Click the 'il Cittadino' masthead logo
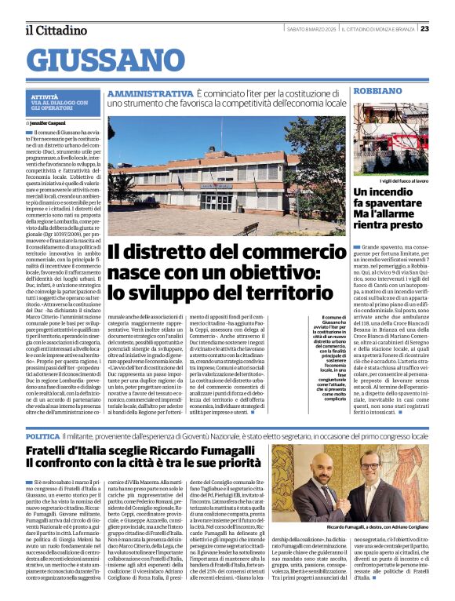pyautogui.click(x=55, y=30)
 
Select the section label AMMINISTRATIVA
pyautogui.click(x=149, y=93)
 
